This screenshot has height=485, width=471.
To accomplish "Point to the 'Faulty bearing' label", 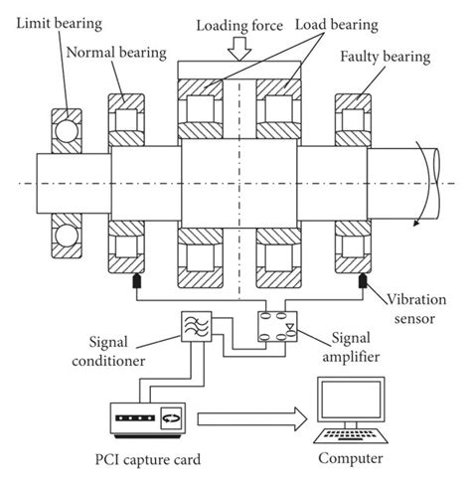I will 385,57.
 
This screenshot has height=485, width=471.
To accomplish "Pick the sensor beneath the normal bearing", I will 131,285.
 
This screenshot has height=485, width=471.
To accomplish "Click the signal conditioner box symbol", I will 192,328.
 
